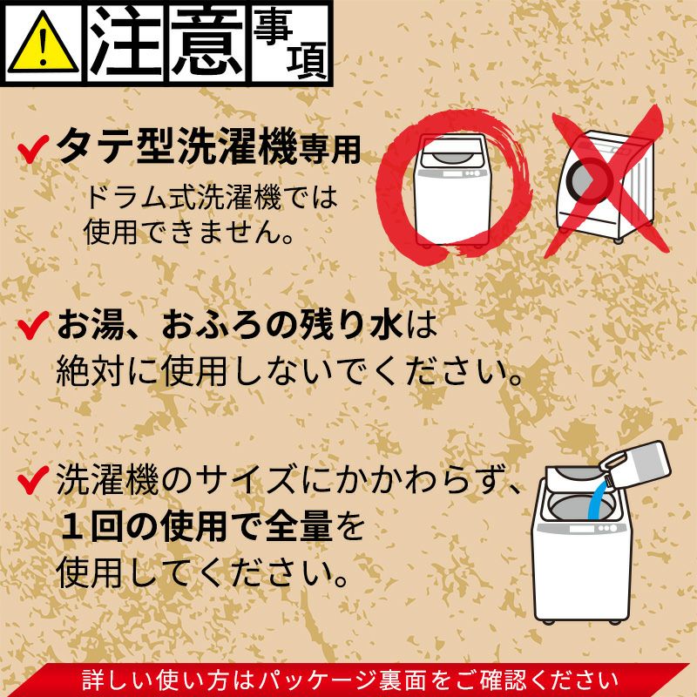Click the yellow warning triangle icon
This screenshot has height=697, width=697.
click(x=43, y=43)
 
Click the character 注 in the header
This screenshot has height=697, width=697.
click(x=125, y=41)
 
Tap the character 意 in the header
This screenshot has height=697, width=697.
click(x=207, y=41)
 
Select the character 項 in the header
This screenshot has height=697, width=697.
click(x=307, y=60)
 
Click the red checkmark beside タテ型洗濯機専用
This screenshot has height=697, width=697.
click(x=33, y=149)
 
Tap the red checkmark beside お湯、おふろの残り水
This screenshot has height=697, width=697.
click(x=33, y=325)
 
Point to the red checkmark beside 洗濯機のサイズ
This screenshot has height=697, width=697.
click(x=33, y=480)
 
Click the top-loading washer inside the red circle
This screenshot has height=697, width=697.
click(x=452, y=190)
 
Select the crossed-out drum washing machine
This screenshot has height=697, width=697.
click(x=606, y=186)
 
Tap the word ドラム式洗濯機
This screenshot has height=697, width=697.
click(x=184, y=197)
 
